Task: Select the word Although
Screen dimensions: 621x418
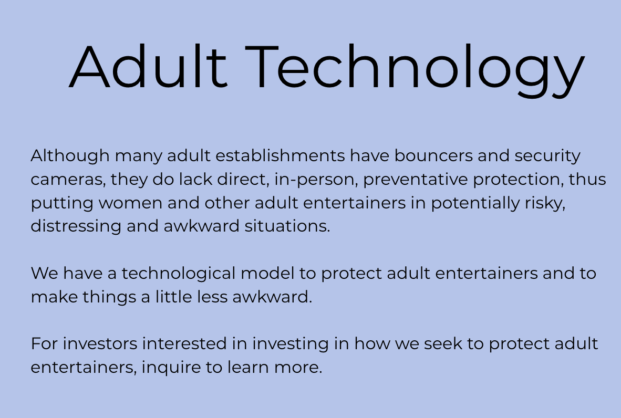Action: pyautogui.click(x=70, y=156)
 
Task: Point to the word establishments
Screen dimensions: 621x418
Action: pyautogui.click(x=280, y=155)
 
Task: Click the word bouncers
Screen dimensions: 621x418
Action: pyautogui.click(x=433, y=155)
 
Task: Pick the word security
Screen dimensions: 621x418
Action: pyautogui.click(x=547, y=156)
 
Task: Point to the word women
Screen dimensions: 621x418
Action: pyautogui.click(x=130, y=203)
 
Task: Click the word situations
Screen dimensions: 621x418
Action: pyautogui.click(x=287, y=226)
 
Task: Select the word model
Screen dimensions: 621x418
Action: pyautogui.click(x=267, y=273)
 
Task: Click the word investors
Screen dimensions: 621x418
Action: pyautogui.click(x=100, y=343)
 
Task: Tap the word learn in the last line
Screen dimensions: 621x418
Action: pyautogui.click(x=249, y=367)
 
